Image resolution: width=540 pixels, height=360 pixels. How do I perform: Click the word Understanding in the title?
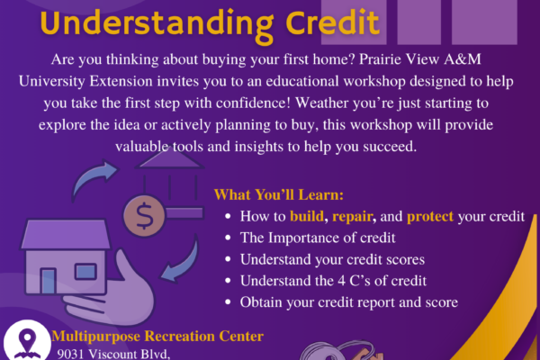pyautogui.click(x=157, y=24)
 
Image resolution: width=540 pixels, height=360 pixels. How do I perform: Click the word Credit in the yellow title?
pyautogui.click(x=332, y=22)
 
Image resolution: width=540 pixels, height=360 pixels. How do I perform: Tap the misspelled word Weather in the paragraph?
pyautogui.click(x=321, y=103)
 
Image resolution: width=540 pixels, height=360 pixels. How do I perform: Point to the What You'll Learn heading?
pyautogui.click(x=279, y=194)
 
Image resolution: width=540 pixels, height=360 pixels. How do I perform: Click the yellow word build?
pyautogui.click(x=307, y=216)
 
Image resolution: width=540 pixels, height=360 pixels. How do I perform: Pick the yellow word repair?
pyautogui.click(x=352, y=217)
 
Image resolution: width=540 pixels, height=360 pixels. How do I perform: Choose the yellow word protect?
pyautogui.click(x=430, y=217)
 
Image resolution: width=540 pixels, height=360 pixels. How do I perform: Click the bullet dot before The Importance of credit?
pyautogui.click(x=228, y=238)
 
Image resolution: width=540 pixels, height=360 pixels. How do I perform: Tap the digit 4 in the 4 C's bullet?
pyautogui.click(x=341, y=281)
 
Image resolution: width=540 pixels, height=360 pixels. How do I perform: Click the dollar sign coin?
pyautogui.click(x=144, y=216)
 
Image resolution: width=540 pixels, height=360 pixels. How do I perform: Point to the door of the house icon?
pyautogui.click(x=49, y=281)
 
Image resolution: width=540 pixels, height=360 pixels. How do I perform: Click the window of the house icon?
pyautogui.click(x=85, y=271)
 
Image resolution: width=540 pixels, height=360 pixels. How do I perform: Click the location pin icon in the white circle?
pyautogui.click(x=27, y=341)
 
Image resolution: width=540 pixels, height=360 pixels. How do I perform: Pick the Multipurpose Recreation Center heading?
pyautogui.click(x=157, y=337)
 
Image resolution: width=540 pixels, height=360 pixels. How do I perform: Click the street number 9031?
pyautogui.click(x=70, y=354)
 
